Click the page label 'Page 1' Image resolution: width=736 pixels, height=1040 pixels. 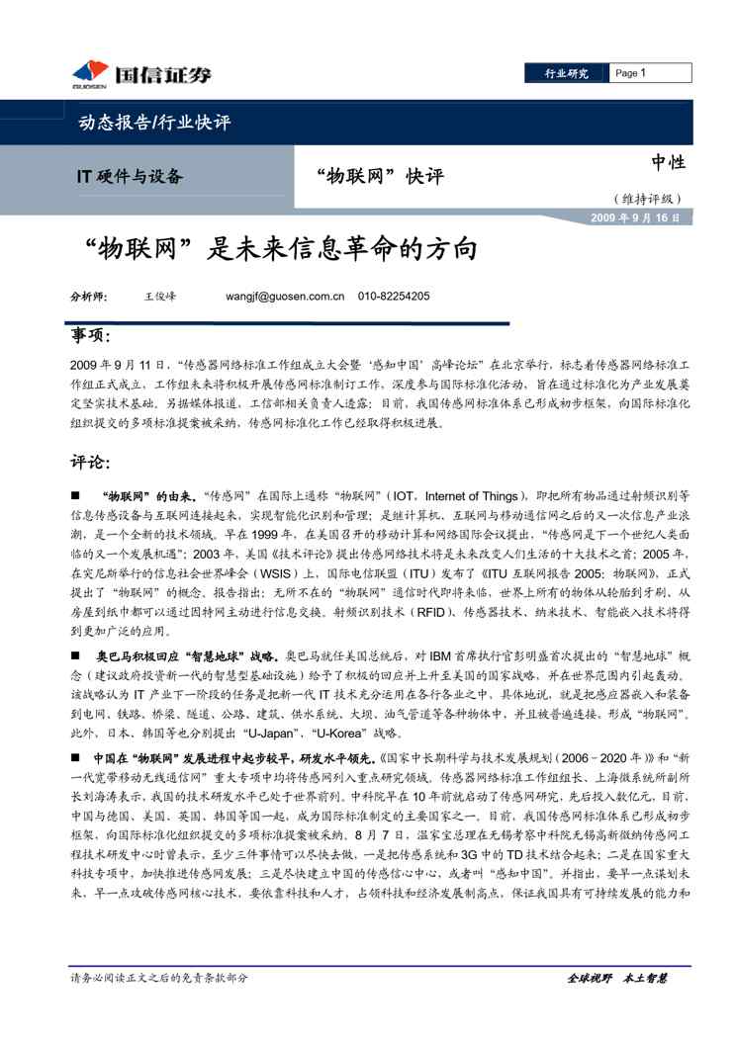(630, 73)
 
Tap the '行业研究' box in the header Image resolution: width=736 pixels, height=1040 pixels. (567, 73)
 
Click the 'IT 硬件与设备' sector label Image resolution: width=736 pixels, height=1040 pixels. (130, 177)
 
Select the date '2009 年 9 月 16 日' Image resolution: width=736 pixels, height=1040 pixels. (635, 218)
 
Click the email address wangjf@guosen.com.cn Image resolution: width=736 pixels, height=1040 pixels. (284, 296)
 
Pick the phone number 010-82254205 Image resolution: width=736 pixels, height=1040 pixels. (394, 296)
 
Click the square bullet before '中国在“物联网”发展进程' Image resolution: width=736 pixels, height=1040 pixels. (75, 756)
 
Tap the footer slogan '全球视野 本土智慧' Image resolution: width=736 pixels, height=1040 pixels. (617, 978)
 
